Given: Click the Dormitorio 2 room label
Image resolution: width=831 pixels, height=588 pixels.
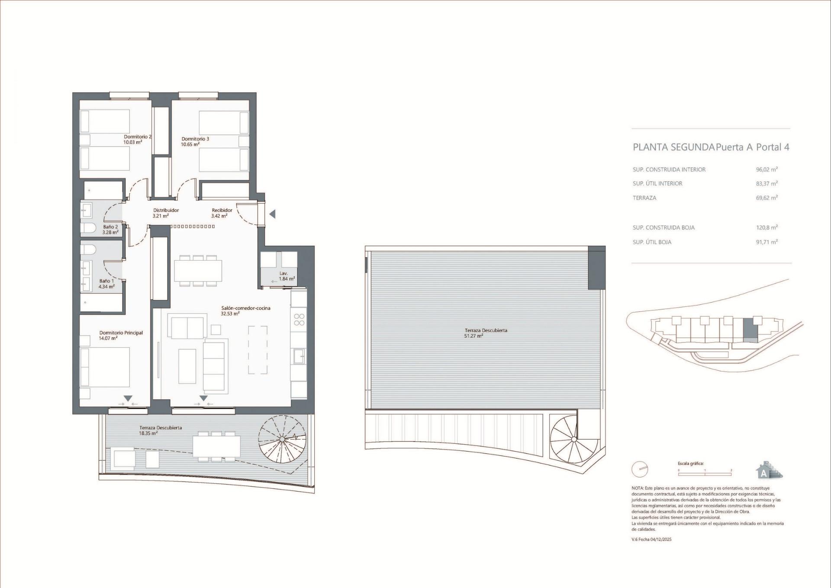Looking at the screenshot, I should tap(137, 137).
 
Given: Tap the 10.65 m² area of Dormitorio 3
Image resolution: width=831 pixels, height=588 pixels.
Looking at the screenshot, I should tap(190, 145).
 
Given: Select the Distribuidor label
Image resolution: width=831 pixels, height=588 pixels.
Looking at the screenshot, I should tap(166, 210).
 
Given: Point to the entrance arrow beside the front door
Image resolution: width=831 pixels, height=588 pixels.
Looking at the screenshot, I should tap(272, 214).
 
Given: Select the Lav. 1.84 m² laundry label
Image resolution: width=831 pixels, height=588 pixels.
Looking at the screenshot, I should tap(286, 276).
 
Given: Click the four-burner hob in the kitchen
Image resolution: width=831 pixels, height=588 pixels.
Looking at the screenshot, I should tap(299, 320).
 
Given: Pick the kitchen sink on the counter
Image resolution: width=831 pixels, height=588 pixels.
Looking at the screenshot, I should tap(299, 356).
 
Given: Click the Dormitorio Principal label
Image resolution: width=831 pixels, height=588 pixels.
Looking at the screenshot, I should tap(121, 333).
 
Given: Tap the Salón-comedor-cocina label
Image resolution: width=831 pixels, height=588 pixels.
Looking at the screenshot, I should tap(245, 308).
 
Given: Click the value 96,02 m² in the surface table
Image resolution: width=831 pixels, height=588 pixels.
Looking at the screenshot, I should tap(767, 170).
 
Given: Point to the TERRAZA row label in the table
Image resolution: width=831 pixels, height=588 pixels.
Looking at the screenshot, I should tap(644, 198).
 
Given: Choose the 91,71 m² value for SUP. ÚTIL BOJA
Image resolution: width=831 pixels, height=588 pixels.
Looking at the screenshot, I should tap(767, 242).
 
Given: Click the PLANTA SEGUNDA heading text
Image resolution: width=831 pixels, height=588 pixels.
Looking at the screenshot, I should tap(673, 147).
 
